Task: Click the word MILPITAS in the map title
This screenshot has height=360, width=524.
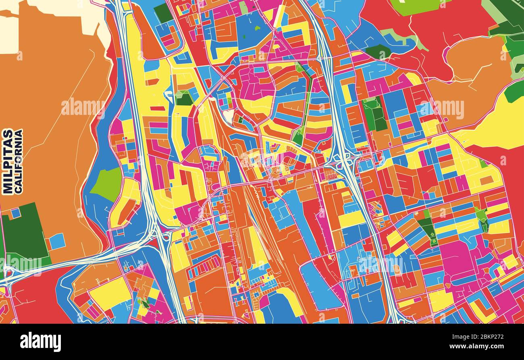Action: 7,161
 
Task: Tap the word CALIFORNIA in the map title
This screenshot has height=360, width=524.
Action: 19,161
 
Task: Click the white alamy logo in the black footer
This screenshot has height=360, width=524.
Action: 40,342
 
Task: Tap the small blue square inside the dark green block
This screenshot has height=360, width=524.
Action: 16,212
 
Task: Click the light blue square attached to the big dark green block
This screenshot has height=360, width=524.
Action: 57,241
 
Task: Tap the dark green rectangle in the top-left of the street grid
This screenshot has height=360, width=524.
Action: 163,13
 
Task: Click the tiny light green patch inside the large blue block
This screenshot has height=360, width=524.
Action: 257,28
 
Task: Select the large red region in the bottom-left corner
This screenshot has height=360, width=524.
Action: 36,298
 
